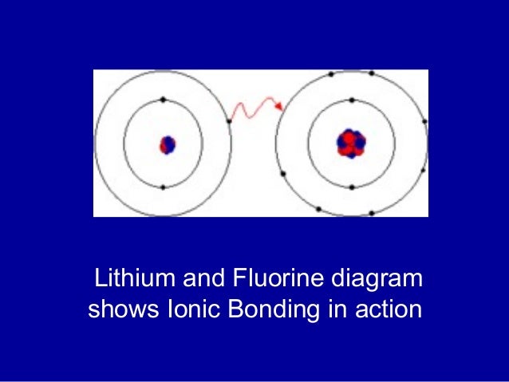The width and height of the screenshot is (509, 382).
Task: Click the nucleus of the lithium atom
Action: [167, 145]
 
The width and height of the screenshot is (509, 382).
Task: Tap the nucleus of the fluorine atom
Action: [351, 144]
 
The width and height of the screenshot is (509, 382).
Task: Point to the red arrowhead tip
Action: [282, 107]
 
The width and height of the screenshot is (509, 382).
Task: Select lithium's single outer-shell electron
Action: [230, 121]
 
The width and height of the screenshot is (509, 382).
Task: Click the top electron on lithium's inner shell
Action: [163, 100]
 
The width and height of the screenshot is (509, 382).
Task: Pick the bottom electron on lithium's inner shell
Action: [163, 187]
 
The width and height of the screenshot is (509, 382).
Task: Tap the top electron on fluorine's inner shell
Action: [352, 100]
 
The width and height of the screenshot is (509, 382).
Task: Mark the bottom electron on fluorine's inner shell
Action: [352, 187]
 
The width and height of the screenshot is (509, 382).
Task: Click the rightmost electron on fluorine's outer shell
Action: [424, 122]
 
